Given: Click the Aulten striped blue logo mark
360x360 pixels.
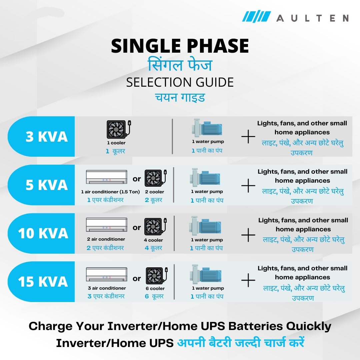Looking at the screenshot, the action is (256, 16).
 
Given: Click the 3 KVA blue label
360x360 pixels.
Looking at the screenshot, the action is (41, 136).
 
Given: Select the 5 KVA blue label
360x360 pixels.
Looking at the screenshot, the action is (41, 185).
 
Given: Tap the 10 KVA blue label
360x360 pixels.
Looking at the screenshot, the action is (41, 233).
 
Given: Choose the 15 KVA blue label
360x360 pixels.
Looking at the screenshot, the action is (41, 281).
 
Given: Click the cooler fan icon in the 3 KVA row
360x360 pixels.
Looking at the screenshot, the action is (119, 129).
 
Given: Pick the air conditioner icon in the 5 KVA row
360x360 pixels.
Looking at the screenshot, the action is (107, 177).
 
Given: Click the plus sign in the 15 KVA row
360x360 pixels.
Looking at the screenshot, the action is (248, 280).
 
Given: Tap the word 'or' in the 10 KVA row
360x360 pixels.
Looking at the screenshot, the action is (137, 228).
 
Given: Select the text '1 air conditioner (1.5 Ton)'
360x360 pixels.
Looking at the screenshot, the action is (110, 192).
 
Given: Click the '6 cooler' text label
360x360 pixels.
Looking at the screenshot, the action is (155, 288).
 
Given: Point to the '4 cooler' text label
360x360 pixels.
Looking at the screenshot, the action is (153, 240).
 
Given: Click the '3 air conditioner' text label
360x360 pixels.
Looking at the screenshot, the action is (107, 288).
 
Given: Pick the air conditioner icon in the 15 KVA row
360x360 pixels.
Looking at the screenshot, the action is (107, 274).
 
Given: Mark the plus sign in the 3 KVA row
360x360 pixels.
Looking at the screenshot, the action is (248, 136).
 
